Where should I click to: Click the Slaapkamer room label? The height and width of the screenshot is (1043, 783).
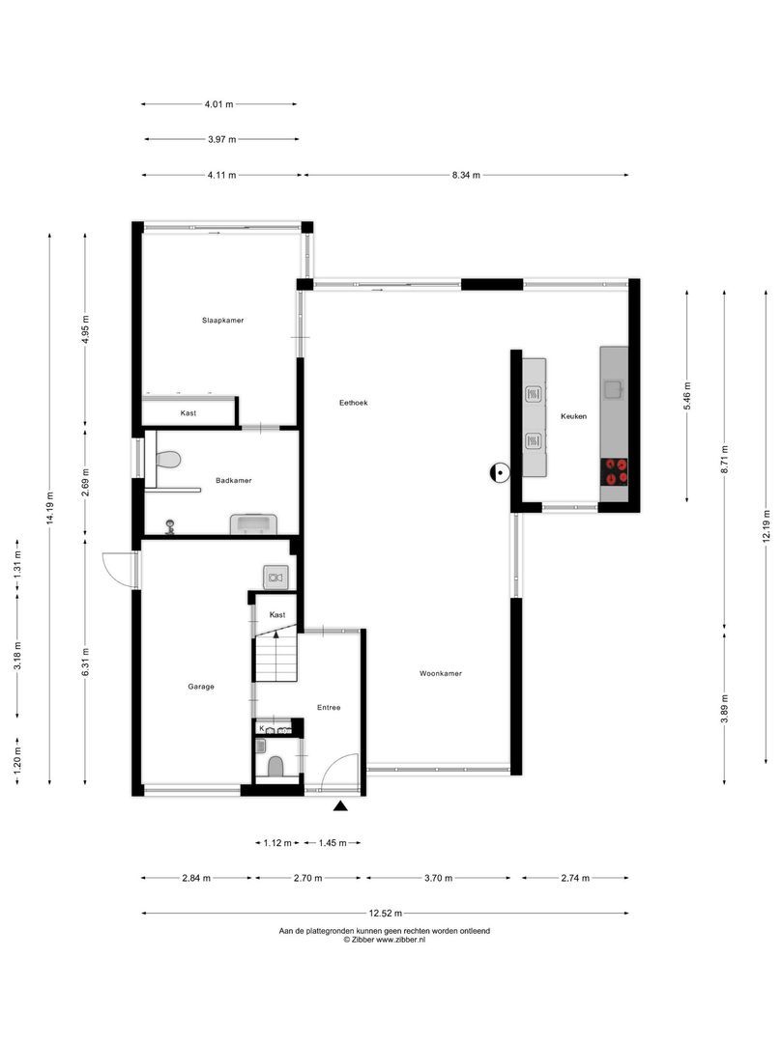(222, 320)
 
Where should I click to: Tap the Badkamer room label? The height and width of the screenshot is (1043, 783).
(234, 480)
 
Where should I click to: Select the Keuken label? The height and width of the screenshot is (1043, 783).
(573, 416)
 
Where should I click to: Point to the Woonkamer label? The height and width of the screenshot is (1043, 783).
(440, 673)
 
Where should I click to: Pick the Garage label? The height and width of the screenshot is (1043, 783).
(201, 687)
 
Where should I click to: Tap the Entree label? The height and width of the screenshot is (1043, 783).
(329, 708)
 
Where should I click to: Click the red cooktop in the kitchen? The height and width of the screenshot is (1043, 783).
(615, 471)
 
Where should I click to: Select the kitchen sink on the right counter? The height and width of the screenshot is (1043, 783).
(614, 389)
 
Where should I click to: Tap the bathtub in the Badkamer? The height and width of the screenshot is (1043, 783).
(253, 524)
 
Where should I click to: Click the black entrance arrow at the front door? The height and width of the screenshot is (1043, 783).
(340, 807)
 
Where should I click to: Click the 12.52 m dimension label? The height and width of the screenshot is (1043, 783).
(385, 913)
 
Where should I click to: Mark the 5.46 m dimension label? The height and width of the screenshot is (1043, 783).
(687, 395)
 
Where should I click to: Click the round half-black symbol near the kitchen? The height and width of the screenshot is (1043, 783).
(500, 471)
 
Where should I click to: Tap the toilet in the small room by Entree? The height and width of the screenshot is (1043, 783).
(275, 767)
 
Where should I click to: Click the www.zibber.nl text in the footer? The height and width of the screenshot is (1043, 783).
(400, 939)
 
